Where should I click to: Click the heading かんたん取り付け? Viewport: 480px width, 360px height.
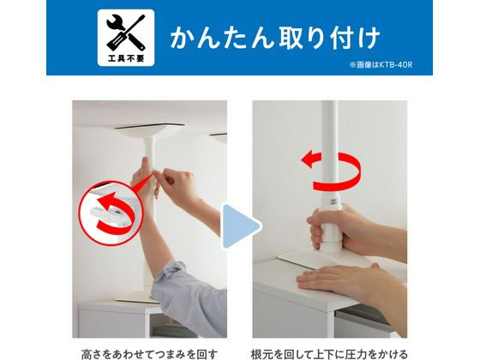[x=274, y=39]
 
